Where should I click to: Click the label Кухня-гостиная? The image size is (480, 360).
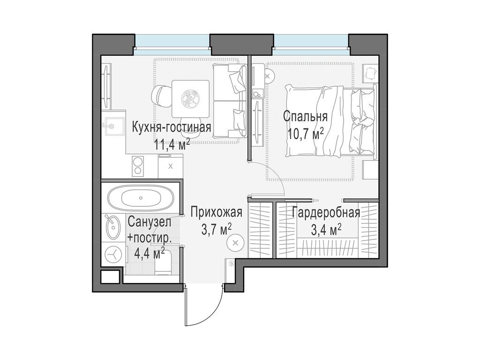[172, 127]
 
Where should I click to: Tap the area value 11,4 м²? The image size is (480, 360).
[172, 143]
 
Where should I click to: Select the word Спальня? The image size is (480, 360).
[305, 117]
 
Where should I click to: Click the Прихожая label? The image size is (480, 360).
[216, 213]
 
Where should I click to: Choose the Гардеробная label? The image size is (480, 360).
[326, 213]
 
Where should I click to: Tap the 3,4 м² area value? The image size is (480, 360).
[326, 230]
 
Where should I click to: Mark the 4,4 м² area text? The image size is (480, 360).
[149, 253]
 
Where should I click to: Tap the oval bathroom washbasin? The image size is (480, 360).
[113, 227]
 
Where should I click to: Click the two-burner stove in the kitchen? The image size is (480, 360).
[138, 166]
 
